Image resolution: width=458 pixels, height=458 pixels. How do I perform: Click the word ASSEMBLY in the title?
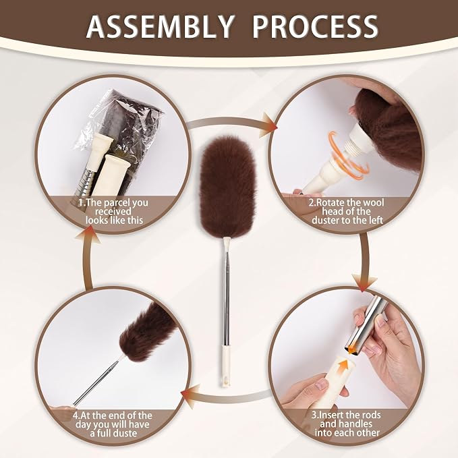(160, 26)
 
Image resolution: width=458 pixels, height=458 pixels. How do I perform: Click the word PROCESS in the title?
(315, 26)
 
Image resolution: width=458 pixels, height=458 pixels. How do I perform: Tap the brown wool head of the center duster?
(227, 187)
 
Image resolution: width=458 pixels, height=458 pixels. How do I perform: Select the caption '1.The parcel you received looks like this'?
(114, 211)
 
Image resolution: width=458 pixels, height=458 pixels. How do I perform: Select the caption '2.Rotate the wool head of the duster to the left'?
(347, 211)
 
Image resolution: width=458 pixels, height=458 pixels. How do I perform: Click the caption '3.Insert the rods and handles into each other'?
(347, 424)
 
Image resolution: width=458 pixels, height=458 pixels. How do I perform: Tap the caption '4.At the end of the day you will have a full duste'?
(113, 424)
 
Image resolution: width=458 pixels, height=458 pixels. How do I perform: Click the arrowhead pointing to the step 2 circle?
(268, 125)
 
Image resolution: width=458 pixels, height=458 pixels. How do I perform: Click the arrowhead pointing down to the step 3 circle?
(364, 282)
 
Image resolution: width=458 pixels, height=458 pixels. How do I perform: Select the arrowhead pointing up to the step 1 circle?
(88, 235)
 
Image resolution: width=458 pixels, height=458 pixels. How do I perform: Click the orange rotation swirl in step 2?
(348, 154)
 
